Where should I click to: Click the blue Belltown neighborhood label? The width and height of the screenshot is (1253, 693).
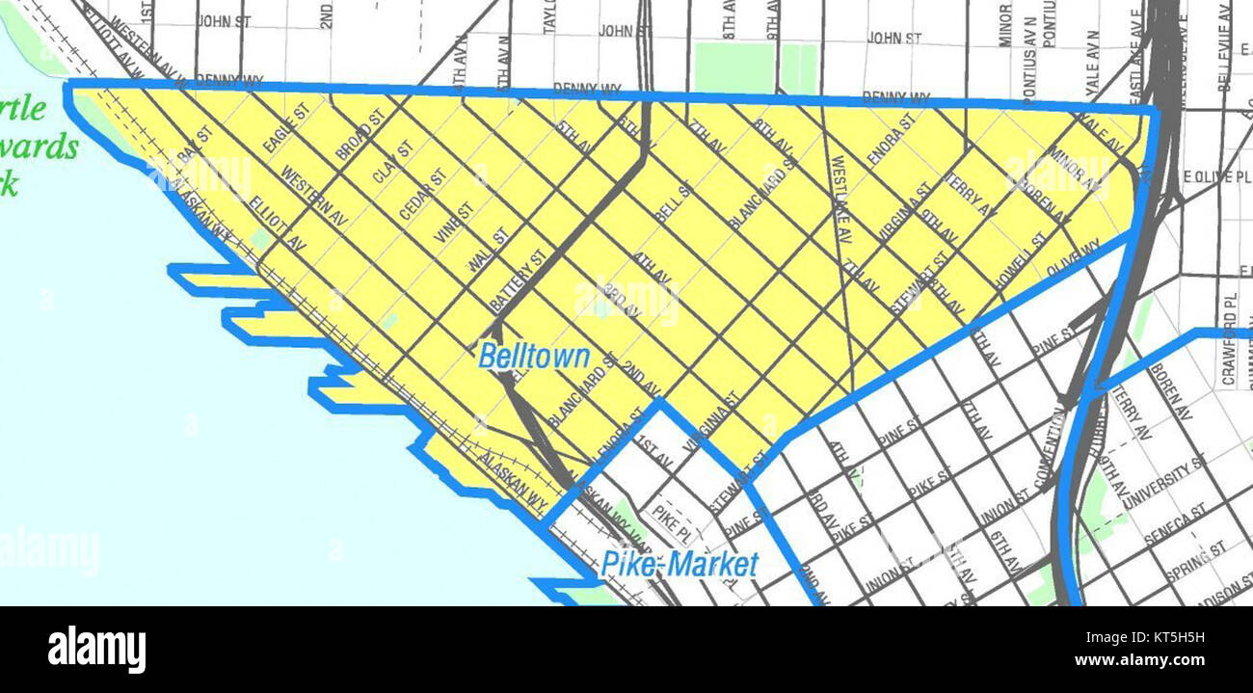534,357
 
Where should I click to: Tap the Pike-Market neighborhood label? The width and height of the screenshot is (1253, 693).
680,564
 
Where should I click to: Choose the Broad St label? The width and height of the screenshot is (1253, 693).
360,135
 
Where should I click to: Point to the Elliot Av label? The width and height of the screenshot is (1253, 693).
277,225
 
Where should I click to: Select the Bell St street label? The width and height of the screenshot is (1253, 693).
674,203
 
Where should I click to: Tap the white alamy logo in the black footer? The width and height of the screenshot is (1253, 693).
96,649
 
